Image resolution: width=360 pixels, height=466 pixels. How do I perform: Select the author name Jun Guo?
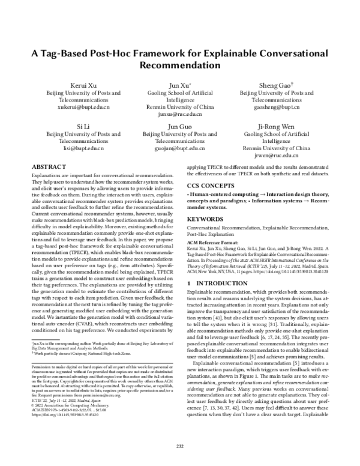tap(179, 127)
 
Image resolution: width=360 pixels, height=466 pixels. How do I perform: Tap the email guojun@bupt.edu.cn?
tap(179, 148)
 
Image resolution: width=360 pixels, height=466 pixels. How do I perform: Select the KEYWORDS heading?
tap(207, 220)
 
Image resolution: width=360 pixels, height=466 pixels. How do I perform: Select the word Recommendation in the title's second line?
tap(179, 65)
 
